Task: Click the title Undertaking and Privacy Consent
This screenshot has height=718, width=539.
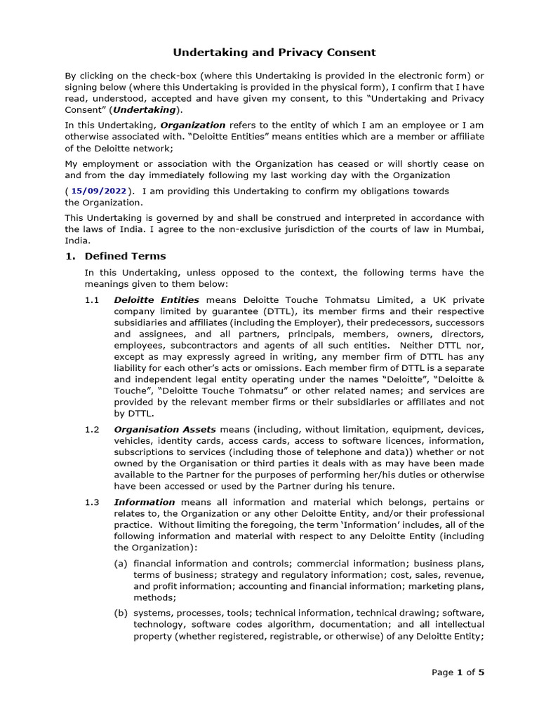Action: (x=274, y=53)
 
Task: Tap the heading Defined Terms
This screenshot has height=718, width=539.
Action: (x=125, y=256)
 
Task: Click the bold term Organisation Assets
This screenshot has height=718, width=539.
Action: (x=165, y=429)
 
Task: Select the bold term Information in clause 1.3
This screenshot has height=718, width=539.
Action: (x=144, y=502)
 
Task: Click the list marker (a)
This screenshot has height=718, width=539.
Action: (x=121, y=564)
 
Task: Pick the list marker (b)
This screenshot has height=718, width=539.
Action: (x=121, y=613)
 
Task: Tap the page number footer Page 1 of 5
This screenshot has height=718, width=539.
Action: (x=458, y=672)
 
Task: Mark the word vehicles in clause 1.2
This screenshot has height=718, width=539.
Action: (x=133, y=441)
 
